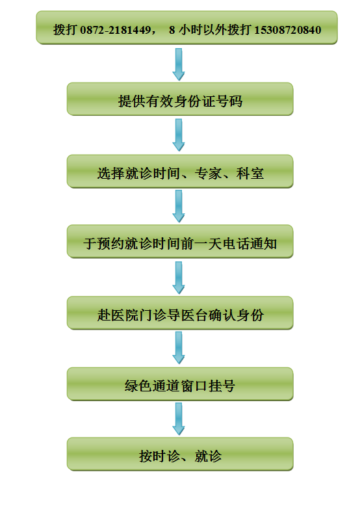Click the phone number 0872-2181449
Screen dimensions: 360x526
115,30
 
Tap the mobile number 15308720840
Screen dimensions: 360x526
288,30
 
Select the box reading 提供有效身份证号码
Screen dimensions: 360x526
180,99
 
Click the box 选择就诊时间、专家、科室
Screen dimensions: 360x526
180,171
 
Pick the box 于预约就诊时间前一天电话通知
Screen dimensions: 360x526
180,241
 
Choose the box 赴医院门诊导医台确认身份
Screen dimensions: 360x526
180,313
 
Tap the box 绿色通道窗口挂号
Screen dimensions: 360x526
180,384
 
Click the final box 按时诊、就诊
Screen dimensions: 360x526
180,454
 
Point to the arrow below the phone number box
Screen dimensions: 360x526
179,64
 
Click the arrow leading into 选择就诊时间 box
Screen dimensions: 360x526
179,135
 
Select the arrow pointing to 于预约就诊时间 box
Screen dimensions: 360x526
179,206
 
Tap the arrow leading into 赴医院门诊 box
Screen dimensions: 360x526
179,278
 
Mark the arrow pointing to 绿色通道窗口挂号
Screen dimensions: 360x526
179,348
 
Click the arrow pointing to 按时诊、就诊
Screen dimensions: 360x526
179,419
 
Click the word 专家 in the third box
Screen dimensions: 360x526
208,174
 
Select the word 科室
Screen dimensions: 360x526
250,174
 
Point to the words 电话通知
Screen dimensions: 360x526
250,244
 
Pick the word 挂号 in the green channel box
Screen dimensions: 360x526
222,386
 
